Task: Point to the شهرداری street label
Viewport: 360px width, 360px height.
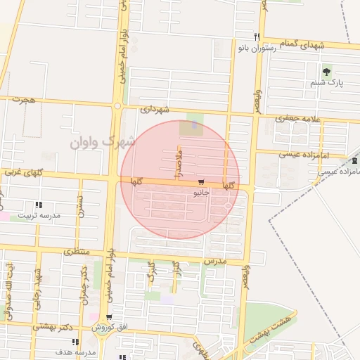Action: (155, 110)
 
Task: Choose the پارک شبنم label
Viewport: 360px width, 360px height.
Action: (326, 83)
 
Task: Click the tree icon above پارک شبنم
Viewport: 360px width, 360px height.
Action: (326, 72)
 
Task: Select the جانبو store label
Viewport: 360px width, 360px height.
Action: (201, 191)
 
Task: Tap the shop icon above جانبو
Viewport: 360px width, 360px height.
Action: (202, 180)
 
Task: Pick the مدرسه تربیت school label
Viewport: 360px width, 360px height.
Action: (39, 215)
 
